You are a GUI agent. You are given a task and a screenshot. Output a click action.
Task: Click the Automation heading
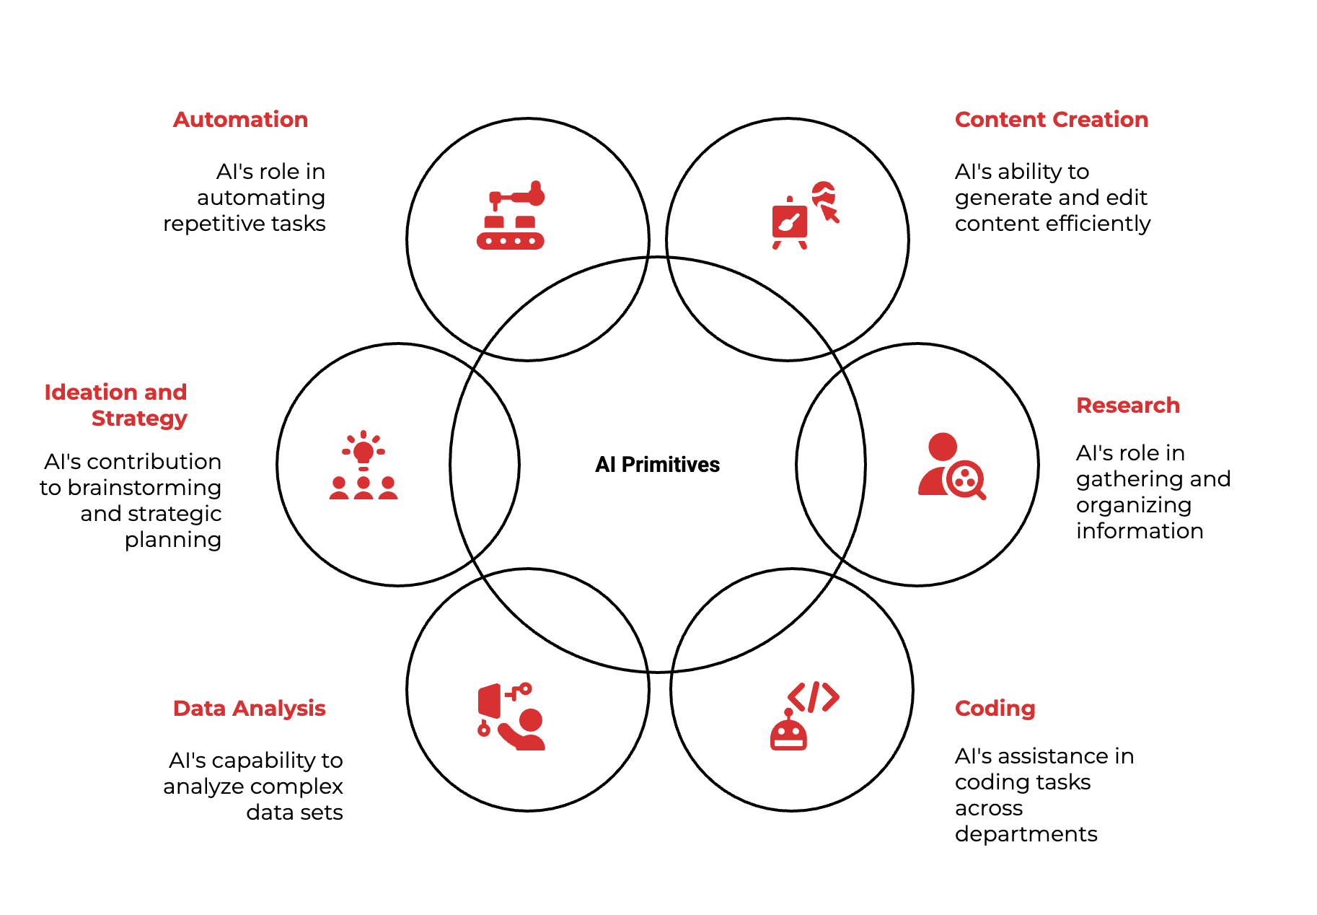[240, 120]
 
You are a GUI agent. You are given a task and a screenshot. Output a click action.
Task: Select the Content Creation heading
[1051, 120]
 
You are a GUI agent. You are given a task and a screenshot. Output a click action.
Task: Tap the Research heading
[1127, 406]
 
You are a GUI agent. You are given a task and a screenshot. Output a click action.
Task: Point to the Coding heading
[995, 709]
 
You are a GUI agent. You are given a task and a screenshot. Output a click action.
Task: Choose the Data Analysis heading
[249, 709]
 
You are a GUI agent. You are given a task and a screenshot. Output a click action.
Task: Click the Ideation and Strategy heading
[116, 405]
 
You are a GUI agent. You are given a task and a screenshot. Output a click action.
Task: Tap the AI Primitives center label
[657, 465]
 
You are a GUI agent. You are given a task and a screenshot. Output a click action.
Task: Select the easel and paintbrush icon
[790, 223]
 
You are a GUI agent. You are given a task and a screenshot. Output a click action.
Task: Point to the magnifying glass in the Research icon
[966, 479]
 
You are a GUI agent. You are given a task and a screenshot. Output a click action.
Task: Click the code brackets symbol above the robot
[813, 697]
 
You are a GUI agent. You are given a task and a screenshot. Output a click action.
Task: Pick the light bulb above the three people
[364, 452]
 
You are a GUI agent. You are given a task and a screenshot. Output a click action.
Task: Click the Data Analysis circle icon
[511, 717]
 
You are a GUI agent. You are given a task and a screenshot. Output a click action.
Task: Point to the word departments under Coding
[1026, 834]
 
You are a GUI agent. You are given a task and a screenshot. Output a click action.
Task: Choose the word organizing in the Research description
[1133, 505]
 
